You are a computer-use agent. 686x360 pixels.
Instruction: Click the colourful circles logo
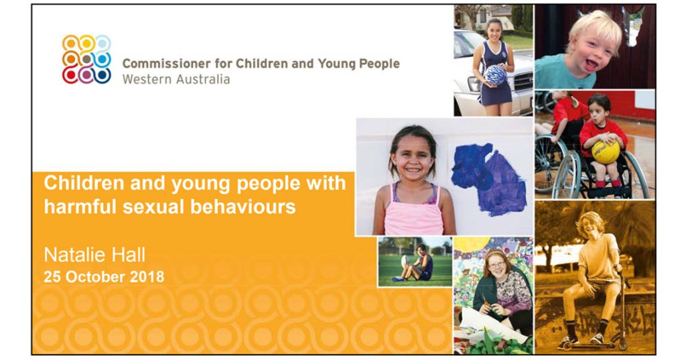pyautogui.click(x=86, y=59)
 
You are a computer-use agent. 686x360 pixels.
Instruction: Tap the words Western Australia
pyautogui.click(x=176, y=79)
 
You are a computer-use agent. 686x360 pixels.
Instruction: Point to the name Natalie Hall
pyautogui.click(x=94, y=255)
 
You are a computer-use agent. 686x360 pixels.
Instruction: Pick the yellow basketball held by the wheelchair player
pyautogui.click(x=606, y=152)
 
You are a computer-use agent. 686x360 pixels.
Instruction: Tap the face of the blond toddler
pyautogui.click(x=594, y=48)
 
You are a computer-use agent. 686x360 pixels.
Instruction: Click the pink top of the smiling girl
pyautogui.click(x=413, y=211)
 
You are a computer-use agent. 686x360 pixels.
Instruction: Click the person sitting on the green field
pyautogui.click(x=416, y=263)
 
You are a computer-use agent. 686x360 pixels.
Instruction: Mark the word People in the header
pyautogui.click(x=379, y=64)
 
